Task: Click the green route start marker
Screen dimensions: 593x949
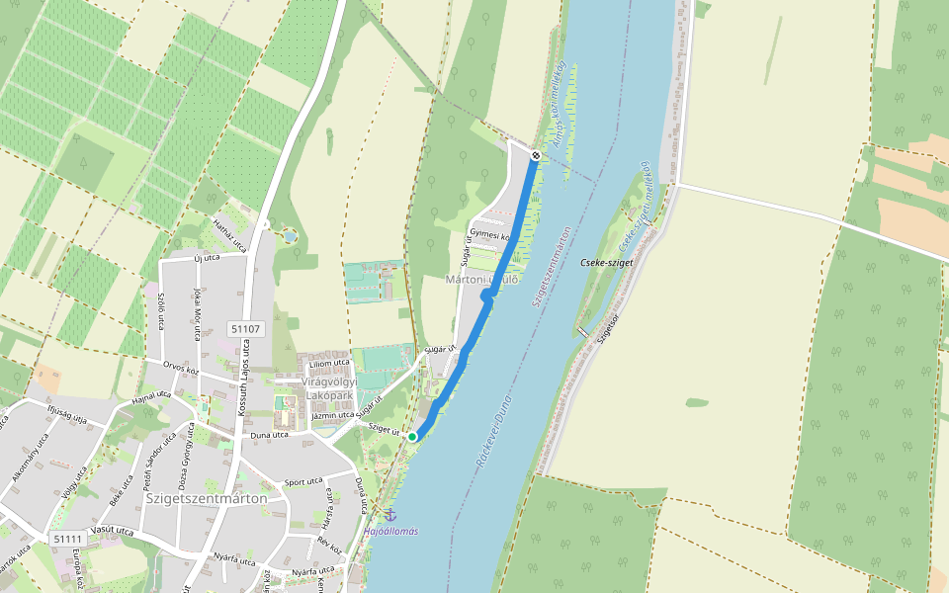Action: click(x=412, y=436)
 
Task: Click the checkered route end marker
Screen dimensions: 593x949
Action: click(x=535, y=155)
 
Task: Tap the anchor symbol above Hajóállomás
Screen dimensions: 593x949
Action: click(x=389, y=515)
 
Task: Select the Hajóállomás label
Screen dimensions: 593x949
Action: click(x=390, y=531)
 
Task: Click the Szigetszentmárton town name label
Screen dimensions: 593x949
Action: click(x=206, y=498)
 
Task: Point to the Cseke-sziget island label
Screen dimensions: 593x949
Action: click(x=606, y=264)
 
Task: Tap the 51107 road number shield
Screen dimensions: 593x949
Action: click(x=244, y=328)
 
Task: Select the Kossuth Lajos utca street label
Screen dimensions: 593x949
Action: click(x=243, y=385)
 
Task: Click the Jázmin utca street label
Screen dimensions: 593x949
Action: click(x=332, y=416)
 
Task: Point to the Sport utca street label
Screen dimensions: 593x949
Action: click(x=303, y=482)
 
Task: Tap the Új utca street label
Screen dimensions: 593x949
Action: click(x=206, y=259)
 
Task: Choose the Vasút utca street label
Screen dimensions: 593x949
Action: click(x=111, y=531)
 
